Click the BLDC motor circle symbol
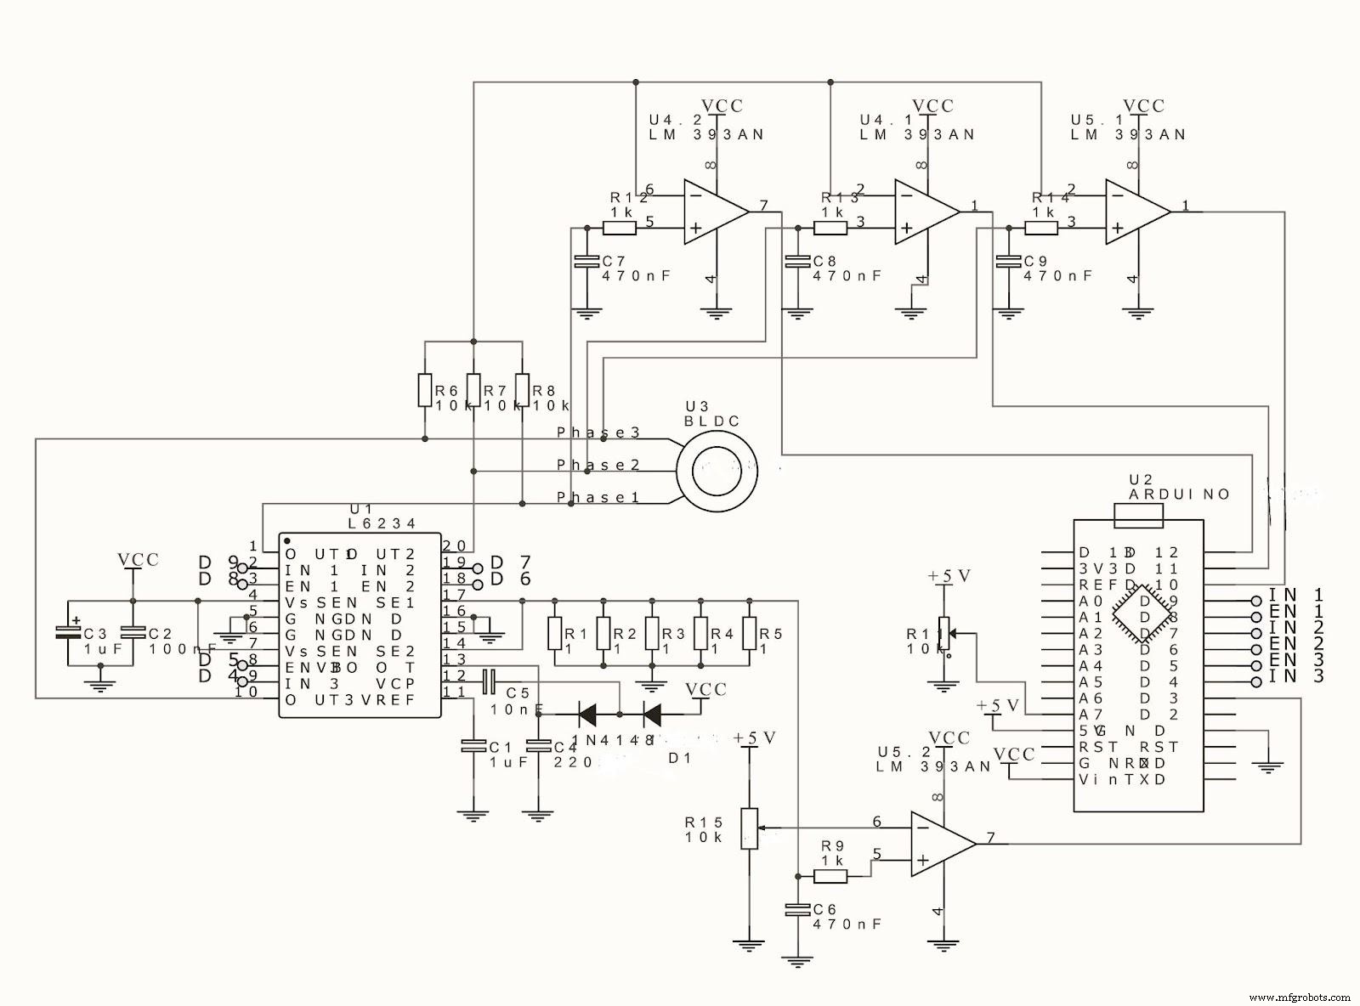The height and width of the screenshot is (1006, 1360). coord(716,470)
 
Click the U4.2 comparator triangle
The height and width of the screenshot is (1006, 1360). coord(712,212)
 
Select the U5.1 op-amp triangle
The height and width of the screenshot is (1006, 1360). coord(1134,212)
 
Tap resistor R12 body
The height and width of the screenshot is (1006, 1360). coord(619,228)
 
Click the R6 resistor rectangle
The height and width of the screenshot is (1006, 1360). coord(425,390)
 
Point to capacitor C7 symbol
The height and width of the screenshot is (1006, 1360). coord(584,262)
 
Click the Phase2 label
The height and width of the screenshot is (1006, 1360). coord(598,465)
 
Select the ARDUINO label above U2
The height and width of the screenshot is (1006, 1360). coord(1178,495)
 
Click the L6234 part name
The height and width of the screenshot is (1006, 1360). coord(382,524)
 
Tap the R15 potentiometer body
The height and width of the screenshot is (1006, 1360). coord(749,828)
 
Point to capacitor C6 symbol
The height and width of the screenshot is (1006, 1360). coord(797,910)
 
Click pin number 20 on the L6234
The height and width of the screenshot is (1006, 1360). coord(454,545)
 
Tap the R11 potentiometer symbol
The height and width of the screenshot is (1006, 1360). coord(942,633)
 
